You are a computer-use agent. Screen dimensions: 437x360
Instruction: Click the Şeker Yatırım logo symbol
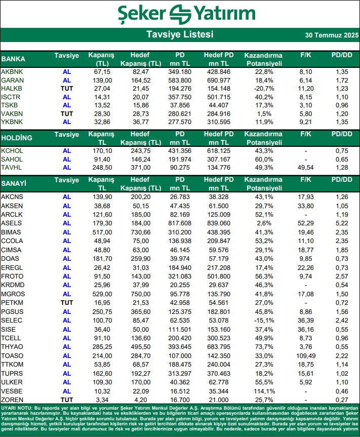click(180, 13)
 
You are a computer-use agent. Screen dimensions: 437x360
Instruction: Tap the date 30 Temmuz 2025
click(331, 35)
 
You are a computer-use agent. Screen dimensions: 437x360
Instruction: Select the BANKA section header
click(14, 59)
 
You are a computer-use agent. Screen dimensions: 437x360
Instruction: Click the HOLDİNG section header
click(17, 138)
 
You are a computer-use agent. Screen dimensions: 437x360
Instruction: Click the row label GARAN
click(12, 81)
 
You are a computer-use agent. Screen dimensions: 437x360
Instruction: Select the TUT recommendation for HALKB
click(66, 89)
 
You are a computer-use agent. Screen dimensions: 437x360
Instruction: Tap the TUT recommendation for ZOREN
click(66, 400)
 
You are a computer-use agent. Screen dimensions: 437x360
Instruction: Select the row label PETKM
click(12, 302)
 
